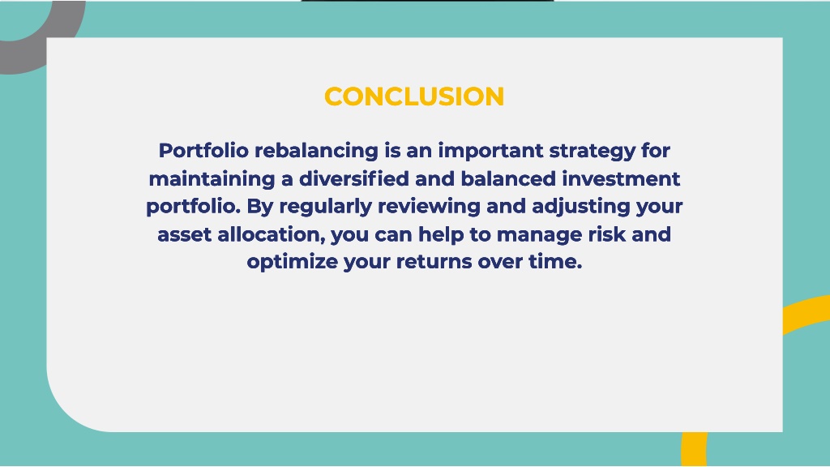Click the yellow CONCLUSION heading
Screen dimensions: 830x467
click(x=414, y=96)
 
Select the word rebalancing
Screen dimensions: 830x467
click(x=316, y=151)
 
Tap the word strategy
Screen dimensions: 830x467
click(x=593, y=151)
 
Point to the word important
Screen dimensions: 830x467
click(x=490, y=152)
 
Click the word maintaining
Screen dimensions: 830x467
click(x=212, y=179)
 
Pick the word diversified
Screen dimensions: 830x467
click(x=354, y=178)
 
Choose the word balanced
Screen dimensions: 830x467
click(x=508, y=178)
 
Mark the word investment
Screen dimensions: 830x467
click(x=621, y=178)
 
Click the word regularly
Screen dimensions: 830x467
click(x=326, y=207)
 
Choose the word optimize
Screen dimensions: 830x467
click(x=292, y=262)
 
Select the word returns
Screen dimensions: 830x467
click(x=434, y=262)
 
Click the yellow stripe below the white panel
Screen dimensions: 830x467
click(x=694, y=449)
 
